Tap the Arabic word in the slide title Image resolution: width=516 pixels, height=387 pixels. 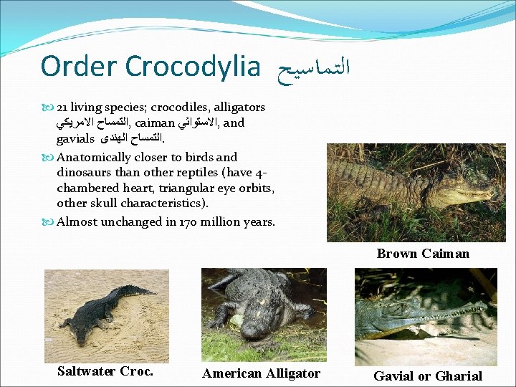click(x=311, y=67)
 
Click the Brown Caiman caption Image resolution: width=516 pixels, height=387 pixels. click(x=423, y=253)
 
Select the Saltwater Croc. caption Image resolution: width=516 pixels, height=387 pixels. click(x=105, y=371)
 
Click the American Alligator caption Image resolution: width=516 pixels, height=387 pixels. click(x=261, y=373)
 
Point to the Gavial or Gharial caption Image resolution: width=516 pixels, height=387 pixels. click(x=427, y=376)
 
